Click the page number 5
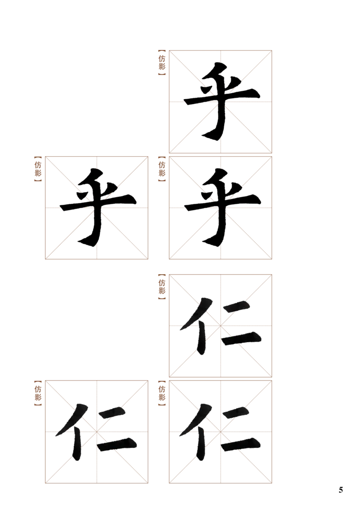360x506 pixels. pyautogui.click(x=341, y=489)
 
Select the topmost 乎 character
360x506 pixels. pyautogui.click(x=221, y=101)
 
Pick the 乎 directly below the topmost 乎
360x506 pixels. pyautogui.click(x=222, y=207)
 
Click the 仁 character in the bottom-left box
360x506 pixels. pyautogui.click(x=96, y=432)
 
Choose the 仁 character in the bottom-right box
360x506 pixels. pyautogui.click(x=220, y=432)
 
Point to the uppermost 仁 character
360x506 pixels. pyautogui.click(x=220, y=326)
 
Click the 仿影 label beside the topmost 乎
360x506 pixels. pyautogui.click(x=162, y=63)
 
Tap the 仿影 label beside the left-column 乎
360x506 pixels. pyautogui.click(x=38, y=169)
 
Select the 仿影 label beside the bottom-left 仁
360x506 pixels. pyautogui.click(x=38, y=393)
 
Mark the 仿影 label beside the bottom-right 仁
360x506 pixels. pyautogui.click(x=162, y=393)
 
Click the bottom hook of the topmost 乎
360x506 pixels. pyautogui.click(x=210, y=136)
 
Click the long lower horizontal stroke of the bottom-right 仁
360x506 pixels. pyautogui.click(x=241, y=444)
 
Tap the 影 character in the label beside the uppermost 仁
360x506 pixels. pyautogui.click(x=162, y=290)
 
